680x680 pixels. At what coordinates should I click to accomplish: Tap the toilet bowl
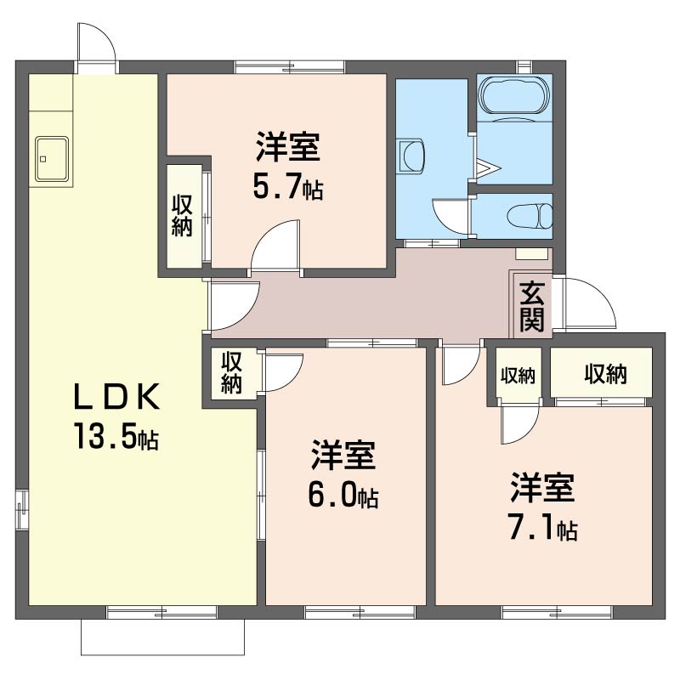coord(530,216)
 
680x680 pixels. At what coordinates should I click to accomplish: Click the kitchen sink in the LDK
coord(52,159)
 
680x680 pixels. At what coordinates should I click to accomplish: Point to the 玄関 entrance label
coord(532,306)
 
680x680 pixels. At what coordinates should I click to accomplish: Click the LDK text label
coord(117,396)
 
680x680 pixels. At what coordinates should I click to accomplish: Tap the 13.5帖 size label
coord(116,436)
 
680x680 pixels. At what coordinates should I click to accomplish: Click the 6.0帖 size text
coord(343,496)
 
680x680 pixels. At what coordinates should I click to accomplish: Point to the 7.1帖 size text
coord(543,528)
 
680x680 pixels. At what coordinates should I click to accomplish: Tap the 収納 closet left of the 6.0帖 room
coord(233,373)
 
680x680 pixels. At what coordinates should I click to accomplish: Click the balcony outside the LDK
coord(162,637)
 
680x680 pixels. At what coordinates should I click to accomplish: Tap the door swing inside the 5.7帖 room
coord(275,245)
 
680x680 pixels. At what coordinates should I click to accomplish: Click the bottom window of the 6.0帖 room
coord(360,612)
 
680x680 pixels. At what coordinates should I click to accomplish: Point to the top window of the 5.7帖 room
coord(290,67)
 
